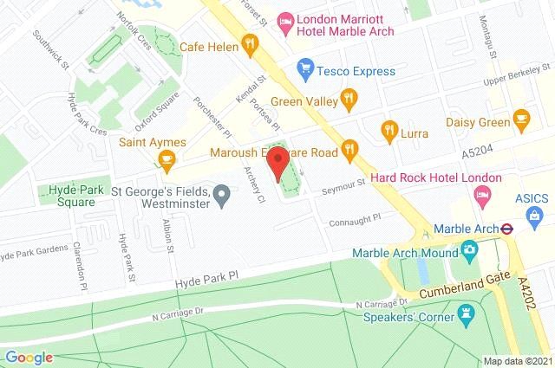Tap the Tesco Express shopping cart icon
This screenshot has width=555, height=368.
tap(304, 67)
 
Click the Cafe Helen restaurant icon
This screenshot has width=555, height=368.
tap(251, 42)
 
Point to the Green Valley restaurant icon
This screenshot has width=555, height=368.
tap(349, 97)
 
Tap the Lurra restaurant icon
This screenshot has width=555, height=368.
tap(389, 130)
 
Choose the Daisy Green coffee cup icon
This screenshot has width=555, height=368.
tap(522, 117)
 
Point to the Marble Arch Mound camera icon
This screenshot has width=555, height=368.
tap(470, 253)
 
